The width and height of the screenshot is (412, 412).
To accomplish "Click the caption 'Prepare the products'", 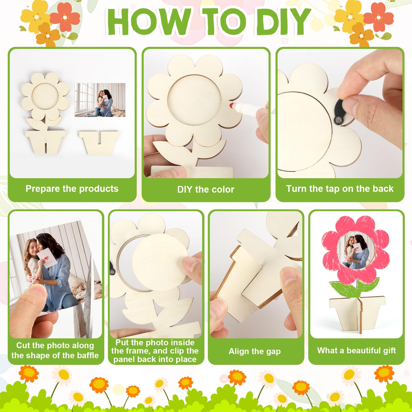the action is coord(72,189).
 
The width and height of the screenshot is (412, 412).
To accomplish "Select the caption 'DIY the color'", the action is coord(206,190).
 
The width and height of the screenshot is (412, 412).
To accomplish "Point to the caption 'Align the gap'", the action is coord(255,351).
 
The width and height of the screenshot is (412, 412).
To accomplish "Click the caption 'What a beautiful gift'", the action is coord(356,350).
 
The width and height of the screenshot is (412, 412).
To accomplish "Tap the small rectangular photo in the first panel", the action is coord(100,100).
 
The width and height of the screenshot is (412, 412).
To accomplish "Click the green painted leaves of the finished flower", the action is coord(355,287).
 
